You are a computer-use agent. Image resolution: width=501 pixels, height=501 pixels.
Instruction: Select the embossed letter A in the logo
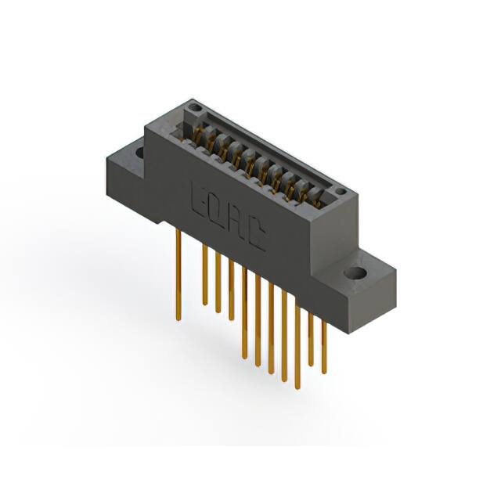[237, 222]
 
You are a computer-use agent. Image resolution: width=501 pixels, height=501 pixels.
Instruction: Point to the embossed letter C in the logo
[255, 235]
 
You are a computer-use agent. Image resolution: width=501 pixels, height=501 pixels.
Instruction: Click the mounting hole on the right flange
[355, 274]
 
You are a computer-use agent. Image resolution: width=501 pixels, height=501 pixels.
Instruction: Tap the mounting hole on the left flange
[140, 152]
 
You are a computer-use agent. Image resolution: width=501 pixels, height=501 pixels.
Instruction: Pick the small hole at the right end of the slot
[341, 191]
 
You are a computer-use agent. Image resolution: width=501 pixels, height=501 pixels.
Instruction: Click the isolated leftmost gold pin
[178, 274]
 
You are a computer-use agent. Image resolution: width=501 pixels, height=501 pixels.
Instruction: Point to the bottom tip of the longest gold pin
[297, 387]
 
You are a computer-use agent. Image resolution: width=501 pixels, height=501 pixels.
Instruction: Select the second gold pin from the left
[205, 274]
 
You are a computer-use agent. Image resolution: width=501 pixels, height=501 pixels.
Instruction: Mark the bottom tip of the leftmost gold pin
[178, 319]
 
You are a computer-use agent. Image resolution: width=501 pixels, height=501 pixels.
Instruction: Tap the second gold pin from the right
[311, 337]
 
